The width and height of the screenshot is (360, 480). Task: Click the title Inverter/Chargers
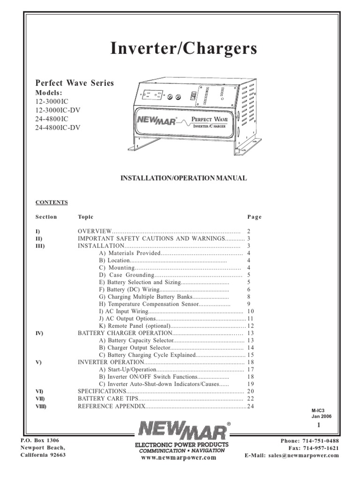click(x=183, y=50)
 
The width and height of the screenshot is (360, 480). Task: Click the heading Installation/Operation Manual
click(x=184, y=179)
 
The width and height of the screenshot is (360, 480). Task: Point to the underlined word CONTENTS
click(x=52, y=202)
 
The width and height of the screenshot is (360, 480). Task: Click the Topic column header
click(x=85, y=217)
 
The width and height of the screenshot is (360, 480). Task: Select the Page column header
click(x=254, y=217)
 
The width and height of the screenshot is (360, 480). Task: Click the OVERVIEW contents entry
click(x=94, y=232)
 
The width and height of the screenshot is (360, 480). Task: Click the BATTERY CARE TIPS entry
click(x=108, y=398)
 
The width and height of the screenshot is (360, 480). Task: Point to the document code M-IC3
click(x=318, y=410)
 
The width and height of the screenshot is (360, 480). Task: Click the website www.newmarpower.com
click(x=181, y=458)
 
